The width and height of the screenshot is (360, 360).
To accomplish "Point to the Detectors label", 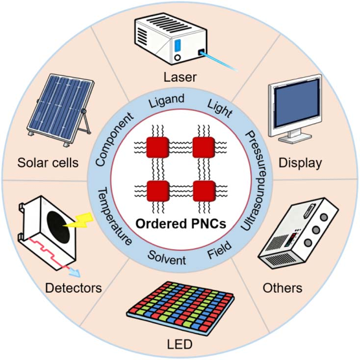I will [x=74, y=287].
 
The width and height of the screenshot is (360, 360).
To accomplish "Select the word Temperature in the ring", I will [x=114, y=216].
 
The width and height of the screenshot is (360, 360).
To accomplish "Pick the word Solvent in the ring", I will [x=167, y=257].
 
